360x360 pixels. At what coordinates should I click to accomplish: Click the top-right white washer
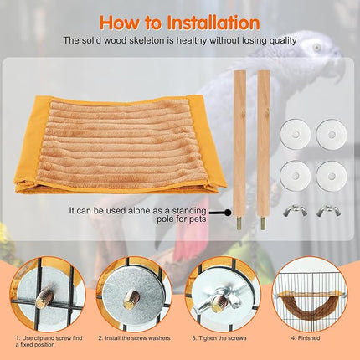329,131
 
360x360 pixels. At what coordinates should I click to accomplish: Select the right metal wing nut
327,211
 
